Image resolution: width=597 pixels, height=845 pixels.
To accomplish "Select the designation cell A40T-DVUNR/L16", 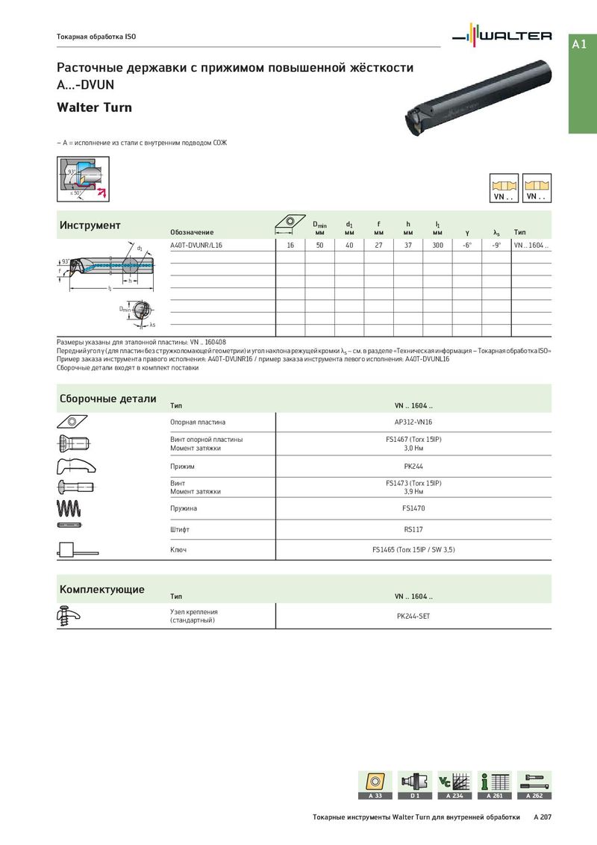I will pos(196,245).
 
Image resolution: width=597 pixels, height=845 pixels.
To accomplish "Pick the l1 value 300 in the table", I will pos(437,245).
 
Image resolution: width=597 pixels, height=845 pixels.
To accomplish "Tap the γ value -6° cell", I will pos(467,245).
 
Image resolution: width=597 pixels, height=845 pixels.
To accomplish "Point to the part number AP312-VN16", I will pos(413,422).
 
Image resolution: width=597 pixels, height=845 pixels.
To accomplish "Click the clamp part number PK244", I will pos(413,467).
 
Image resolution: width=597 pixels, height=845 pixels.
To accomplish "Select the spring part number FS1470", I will pos(413,508).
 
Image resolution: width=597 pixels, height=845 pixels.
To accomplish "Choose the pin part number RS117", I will pos(413,528).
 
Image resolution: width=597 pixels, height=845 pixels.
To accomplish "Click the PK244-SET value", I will pos(413,616).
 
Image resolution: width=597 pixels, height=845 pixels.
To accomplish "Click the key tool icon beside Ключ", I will pos(73,550).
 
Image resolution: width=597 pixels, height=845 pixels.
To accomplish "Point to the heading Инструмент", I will pos(90,225).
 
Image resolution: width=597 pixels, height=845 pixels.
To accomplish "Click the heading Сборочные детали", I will pos(108,399).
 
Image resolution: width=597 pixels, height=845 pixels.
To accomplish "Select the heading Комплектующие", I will pos(102,590).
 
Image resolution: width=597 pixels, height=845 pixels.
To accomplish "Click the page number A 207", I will pos(542,817).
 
